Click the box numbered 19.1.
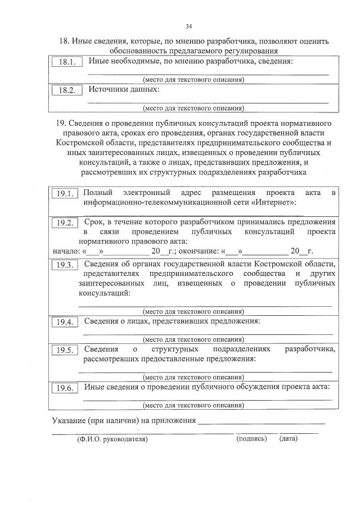pos(65,194)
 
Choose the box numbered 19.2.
pos(66,223)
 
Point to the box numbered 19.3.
pos(65,265)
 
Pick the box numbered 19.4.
pos(65,323)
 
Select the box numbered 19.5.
pos(65,351)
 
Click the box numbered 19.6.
pos(65,388)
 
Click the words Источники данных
pos(124,89)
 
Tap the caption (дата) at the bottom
pos(289,438)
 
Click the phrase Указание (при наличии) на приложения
pos(124,420)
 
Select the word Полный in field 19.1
pos(96,193)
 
